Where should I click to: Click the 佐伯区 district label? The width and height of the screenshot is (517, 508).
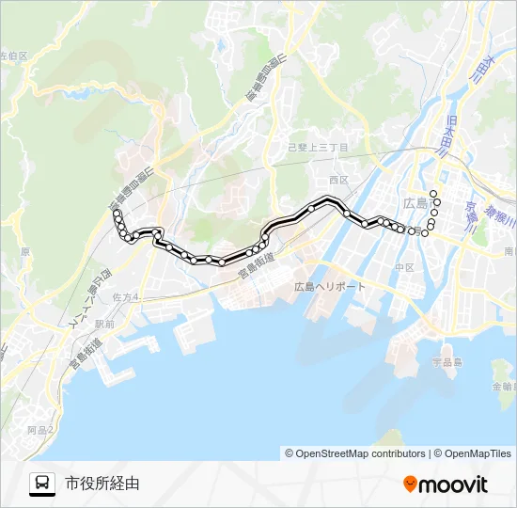pyautogui.click(x=14, y=56)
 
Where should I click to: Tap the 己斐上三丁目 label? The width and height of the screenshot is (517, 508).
pyautogui.click(x=318, y=149)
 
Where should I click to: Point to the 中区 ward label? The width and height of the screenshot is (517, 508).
pyautogui.click(x=404, y=268)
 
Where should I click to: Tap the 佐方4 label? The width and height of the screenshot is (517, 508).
pyautogui.click(x=124, y=297)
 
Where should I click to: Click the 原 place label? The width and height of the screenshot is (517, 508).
pyautogui.click(x=25, y=252)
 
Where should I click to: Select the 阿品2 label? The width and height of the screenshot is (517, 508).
pyautogui.click(x=40, y=429)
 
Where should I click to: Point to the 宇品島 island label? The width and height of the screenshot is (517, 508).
pyautogui.click(x=446, y=361)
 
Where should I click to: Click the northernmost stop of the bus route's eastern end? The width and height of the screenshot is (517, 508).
pyautogui.click(x=433, y=192)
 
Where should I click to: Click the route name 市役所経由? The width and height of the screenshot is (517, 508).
pyautogui.click(x=102, y=484)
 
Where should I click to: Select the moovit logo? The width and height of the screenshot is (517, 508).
pyautogui.click(x=446, y=484)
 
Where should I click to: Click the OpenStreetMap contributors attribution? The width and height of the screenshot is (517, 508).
pyautogui.click(x=355, y=453)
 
